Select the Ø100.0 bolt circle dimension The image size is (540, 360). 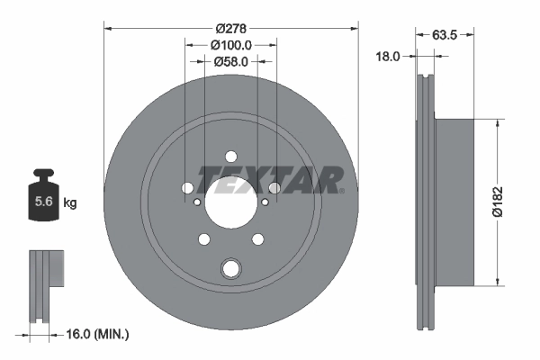point(230,44)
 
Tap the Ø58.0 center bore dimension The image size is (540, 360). point(230,61)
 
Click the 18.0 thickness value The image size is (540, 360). point(387,56)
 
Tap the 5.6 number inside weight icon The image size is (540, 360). point(41,202)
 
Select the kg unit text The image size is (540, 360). point(69,203)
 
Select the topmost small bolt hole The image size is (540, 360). point(231,155)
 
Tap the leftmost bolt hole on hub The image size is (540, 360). point(187,188)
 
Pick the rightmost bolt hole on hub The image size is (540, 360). point(274,188)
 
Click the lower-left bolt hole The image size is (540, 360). point(204,238)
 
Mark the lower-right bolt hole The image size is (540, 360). point(258,238)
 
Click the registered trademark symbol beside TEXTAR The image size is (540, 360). point(341,190)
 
